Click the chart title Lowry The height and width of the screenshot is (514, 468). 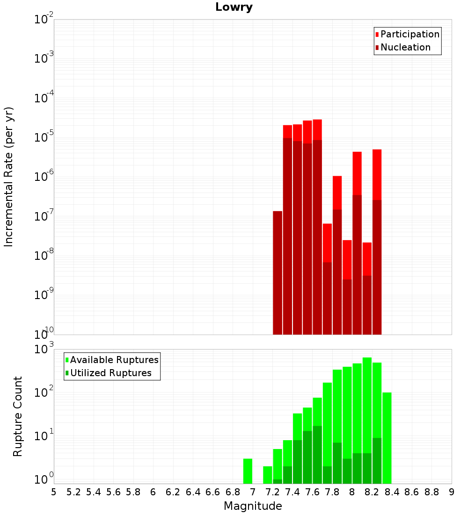[x=234, y=7]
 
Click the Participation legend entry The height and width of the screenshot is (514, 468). [x=407, y=35]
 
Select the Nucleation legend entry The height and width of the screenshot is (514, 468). [x=402, y=48]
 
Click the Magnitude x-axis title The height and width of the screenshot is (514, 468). [x=253, y=506]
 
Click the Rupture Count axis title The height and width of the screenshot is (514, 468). [x=17, y=416]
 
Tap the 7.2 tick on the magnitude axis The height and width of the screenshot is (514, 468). [x=272, y=492]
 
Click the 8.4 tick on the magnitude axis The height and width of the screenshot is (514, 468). [x=392, y=492]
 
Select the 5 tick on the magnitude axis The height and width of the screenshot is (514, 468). [x=54, y=492]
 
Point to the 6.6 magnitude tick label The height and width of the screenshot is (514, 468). [x=213, y=492]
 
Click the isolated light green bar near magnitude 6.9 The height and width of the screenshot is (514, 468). [x=248, y=471]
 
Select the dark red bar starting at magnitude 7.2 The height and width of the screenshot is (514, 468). [x=278, y=273]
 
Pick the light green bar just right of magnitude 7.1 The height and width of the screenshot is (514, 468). [x=268, y=475]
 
